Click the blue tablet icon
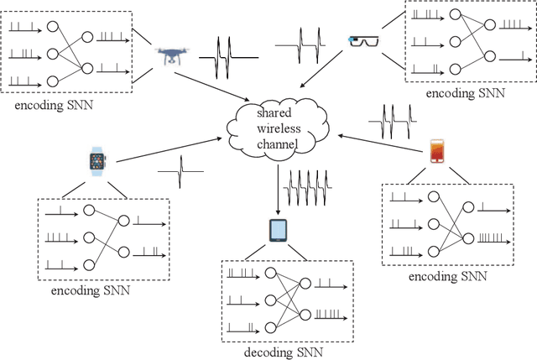pos(278,230)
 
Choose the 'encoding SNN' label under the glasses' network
pos(465,94)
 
